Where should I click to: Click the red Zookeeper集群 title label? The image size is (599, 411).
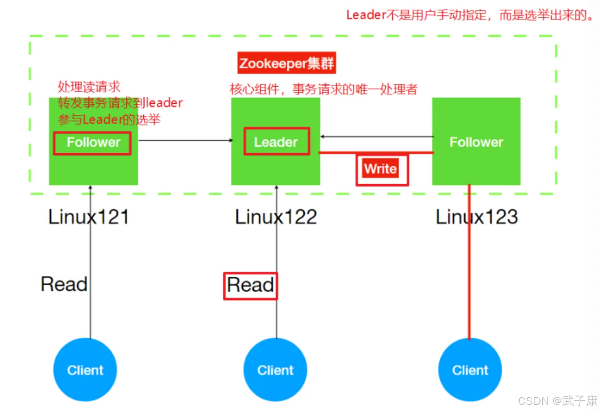pyautogui.click(x=287, y=62)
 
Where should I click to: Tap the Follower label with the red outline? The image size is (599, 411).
pyautogui.click(x=92, y=143)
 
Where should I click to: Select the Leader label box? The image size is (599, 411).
pyautogui.click(x=277, y=141)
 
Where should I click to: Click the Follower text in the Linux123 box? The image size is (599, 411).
pyautogui.click(x=476, y=142)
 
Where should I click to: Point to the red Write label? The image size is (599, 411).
pyautogui.click(x=380, y=168)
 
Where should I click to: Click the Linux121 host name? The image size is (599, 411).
pyautogui.click(x=89, y=217)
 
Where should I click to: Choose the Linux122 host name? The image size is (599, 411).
pyautogui.click(x=276, y=217)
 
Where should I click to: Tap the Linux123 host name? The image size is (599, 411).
pyautogui.click(x=477, y=217)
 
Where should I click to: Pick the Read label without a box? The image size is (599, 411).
pyautogui.click(x=64, y=284)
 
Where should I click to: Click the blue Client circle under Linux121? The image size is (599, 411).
pyautogui.click(x=85, y=370)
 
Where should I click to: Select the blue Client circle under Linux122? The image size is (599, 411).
pyautogui.click(x=275, y=370)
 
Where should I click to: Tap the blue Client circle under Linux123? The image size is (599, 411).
pyautogui.click(x=470, y=370)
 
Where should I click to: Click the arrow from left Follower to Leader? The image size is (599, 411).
pyautogui.click(x=185, y=140)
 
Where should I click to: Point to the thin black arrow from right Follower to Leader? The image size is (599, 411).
pyautogui.click(x=377, y=136)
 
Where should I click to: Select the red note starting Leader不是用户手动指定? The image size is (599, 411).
pyautogui.click(x=470, y=15)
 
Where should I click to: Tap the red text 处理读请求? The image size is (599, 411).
pyautogui.click(x=89, y=87)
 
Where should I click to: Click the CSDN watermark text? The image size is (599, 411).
pyautogui.click(x=558, y=401)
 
